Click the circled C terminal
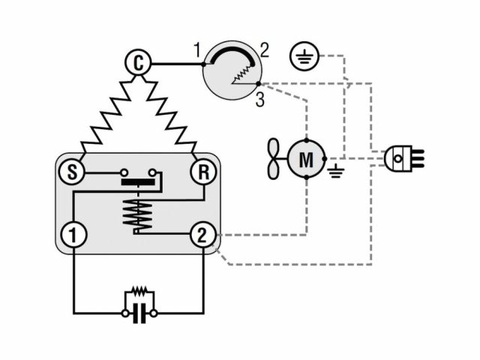[138, 63]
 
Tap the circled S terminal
[72, 172]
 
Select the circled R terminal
[203, 172]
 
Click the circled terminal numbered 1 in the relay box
[73, 235]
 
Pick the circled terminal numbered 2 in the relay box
[202, 235]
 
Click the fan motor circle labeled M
[306, 159]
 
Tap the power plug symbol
[402, 158]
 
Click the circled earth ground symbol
[304, 57]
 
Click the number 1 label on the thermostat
[196, 52]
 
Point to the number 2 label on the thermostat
[264, 52]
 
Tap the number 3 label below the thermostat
[259, 100]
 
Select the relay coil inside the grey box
[138, 212]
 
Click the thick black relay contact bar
[138, 182]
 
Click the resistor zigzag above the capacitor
[139, 290]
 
